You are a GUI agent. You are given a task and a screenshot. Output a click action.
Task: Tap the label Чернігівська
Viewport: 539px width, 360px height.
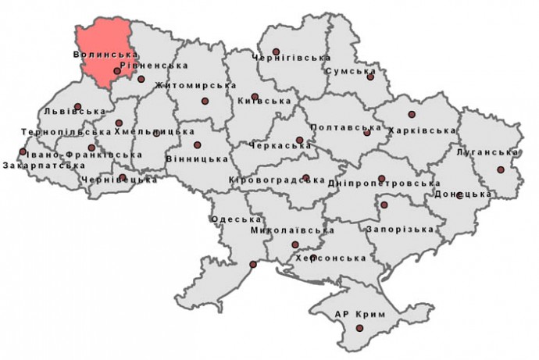(x=291, y=58)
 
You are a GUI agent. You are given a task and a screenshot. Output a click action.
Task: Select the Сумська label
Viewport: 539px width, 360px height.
(x=350, y=72)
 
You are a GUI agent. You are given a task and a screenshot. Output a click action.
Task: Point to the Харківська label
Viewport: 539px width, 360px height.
(x=421, y=130)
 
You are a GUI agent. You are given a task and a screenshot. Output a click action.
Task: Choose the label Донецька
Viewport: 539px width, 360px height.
(x=462, y=194)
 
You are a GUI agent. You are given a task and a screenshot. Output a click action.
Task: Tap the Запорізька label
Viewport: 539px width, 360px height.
(x=399, y=230)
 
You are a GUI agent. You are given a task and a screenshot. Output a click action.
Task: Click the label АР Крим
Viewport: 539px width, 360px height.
(x=355, y=314)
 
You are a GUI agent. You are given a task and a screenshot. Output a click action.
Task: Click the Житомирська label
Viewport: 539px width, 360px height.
(x=195, y=85)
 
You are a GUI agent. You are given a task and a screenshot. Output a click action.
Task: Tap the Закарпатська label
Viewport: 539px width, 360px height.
(x=43, y=166)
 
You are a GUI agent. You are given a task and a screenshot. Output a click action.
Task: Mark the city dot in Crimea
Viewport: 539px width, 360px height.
(x=359, y=329)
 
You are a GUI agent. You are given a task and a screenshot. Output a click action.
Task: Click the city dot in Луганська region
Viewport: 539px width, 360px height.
(x=501, y=169)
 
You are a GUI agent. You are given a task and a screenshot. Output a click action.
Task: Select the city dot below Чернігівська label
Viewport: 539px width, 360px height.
(x=276, y=52)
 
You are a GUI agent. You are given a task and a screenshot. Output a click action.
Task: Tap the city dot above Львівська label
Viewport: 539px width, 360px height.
(x=78, y=106)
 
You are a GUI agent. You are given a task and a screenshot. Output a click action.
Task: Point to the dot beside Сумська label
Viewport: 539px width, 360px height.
(x=372, y=77)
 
